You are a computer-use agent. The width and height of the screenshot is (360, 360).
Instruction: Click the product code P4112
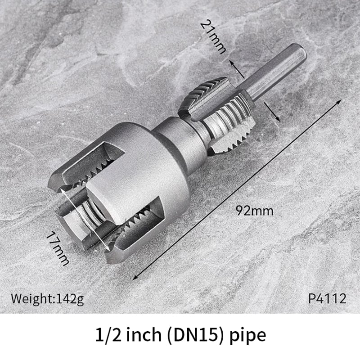[327, 298]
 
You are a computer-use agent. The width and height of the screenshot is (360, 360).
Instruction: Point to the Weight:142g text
[47, 298]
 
